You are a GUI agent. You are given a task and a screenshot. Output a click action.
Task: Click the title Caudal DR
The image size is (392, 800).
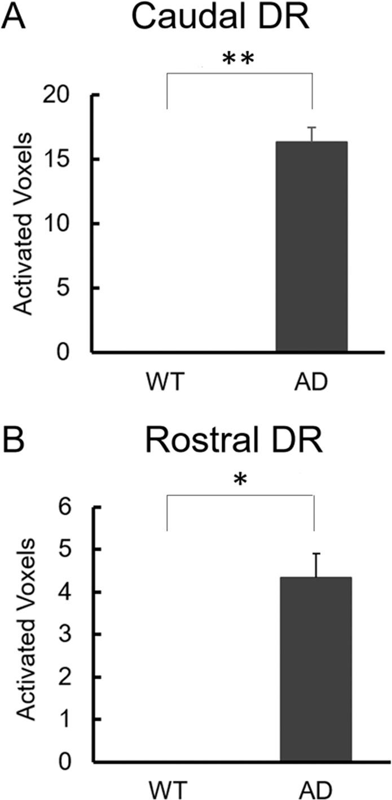(218, 21)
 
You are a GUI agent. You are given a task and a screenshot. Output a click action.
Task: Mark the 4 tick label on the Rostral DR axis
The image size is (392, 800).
(78, 592)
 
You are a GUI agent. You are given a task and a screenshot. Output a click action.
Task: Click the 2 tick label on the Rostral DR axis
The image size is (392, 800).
(78, 677)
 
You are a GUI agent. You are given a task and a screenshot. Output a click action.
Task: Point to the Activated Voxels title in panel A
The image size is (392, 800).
(22, 223)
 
